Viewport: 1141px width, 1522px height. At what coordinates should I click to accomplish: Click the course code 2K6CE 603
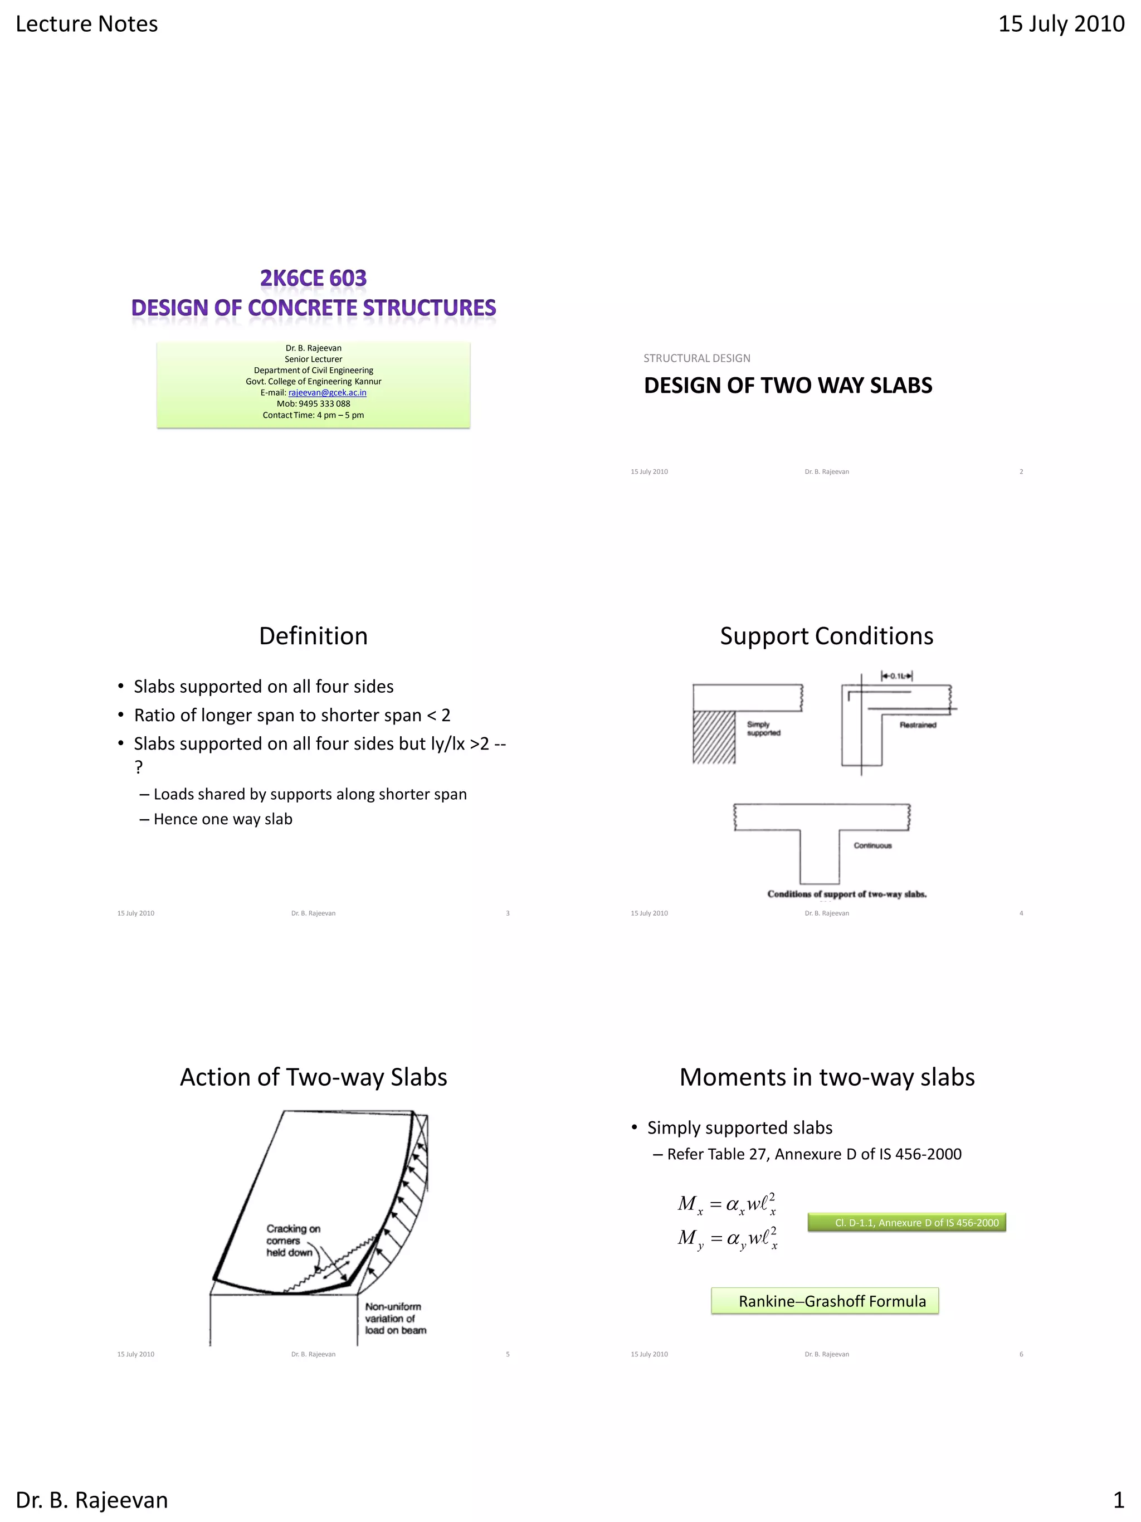[313, 278]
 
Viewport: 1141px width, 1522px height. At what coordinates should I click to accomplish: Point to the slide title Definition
[313, 636]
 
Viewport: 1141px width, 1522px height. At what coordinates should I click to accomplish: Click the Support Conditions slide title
[826, 636]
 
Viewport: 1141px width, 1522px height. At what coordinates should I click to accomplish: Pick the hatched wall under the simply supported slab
[714, 737]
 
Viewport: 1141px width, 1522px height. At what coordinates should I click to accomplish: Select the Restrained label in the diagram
[918, 724]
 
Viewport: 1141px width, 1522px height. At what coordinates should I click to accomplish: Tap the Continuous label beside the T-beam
[872, 845]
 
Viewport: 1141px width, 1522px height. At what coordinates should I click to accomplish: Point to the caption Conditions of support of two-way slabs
[847, 894]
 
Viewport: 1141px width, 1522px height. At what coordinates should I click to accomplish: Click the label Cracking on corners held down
[292, 1240]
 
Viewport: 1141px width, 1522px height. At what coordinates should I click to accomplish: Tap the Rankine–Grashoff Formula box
[825, 1301]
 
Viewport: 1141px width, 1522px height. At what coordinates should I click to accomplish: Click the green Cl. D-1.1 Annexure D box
[906, 1223]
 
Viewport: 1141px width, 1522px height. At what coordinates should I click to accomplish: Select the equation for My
[727, 1238]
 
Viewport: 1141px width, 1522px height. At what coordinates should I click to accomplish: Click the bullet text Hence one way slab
[222, 819]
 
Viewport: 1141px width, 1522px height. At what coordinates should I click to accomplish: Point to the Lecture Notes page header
[87, 24]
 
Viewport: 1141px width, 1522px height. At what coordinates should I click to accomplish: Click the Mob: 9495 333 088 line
[313, 404]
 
